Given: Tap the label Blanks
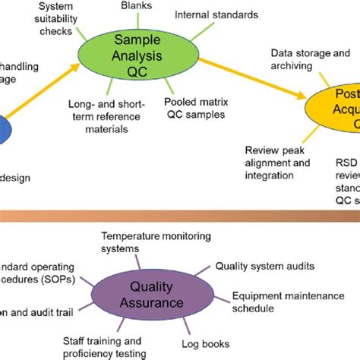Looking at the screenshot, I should pos(136,5).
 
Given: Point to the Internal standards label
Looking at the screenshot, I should pos(216,14).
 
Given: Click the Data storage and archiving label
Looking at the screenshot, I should pos(310,58).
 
